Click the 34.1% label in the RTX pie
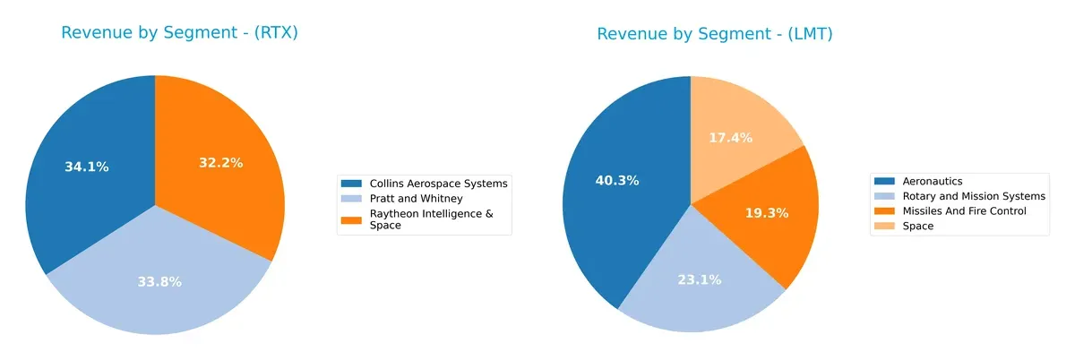(87, 167)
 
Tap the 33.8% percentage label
(159, 282)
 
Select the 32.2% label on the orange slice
(220, 163)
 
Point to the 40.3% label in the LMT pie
(617, 180)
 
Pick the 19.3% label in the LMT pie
(766, 214)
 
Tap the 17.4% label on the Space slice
(730, 138)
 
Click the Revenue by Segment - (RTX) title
(179, 33)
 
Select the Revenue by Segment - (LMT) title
(716, 34)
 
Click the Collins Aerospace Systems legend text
(439, 184)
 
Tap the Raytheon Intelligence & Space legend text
(426, 219)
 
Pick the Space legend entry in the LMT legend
(918, 227)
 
